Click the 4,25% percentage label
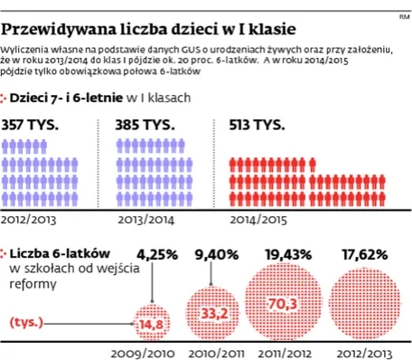point(158,254)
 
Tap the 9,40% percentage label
point(217,254)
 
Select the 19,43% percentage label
point(283,254)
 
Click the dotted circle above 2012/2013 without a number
point(363,303)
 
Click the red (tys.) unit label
point(28,321)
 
